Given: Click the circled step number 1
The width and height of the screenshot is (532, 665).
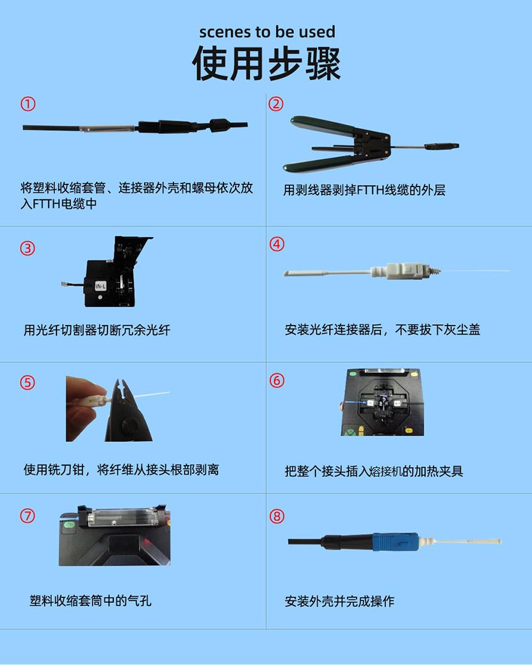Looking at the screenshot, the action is tap(28, 104).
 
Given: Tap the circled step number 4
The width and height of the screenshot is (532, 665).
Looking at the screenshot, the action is tap(277, 244).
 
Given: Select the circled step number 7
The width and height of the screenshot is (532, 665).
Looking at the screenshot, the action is tap(28, 516).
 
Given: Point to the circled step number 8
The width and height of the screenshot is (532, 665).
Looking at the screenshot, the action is tap(277, 516).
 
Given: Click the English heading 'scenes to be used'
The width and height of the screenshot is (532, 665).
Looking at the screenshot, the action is tap(267, 32).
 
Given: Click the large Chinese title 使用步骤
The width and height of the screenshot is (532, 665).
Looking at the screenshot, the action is tap(266, 63).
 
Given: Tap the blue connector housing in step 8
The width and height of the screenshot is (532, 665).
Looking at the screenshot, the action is tap(396, 541).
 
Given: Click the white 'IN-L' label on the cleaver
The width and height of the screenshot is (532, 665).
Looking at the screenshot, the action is tap(101, 286).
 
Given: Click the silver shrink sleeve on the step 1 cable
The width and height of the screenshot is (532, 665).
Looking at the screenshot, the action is tap(108, 127).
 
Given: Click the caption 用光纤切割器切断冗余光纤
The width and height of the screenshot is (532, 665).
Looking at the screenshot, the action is tap(97, 330).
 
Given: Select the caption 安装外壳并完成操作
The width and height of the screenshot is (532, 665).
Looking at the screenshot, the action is tap(339, 601).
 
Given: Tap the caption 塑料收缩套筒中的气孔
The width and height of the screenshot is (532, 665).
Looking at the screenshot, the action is tap(90, 600).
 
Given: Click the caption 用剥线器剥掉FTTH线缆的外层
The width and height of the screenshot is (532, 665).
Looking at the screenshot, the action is tap(364, 190).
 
